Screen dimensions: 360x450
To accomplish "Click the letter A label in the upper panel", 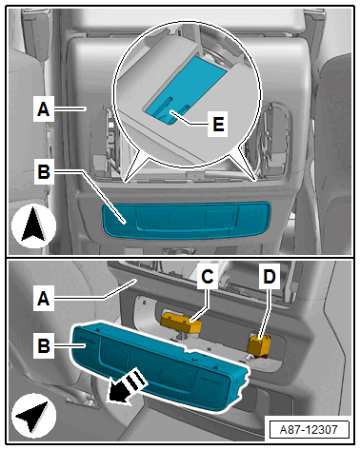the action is tap(44, 109).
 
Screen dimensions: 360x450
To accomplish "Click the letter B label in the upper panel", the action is tap(44, 172).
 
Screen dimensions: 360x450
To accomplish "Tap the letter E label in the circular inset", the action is tap(218, 124).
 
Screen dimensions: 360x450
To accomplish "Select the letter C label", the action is tap(208, 277).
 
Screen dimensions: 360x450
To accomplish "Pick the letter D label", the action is tap(270, 277).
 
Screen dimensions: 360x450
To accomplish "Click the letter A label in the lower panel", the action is tap(44, 299).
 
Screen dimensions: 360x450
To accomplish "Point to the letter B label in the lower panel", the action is tap(44, 345).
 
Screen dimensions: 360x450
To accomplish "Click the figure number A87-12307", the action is tap(309, 430).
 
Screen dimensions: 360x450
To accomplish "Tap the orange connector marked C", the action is tap(182, 323).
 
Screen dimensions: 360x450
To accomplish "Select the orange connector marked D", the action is tap(260, 345).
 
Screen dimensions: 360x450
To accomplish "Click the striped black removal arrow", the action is tap(127, 387).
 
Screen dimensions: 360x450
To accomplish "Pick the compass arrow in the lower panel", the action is tap(33, 416).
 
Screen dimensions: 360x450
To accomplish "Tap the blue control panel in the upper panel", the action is tap(187, 219).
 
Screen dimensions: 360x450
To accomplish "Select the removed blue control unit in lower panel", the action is tap(160, 364).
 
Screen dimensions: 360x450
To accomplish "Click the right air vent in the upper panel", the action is tap(271, 140).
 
